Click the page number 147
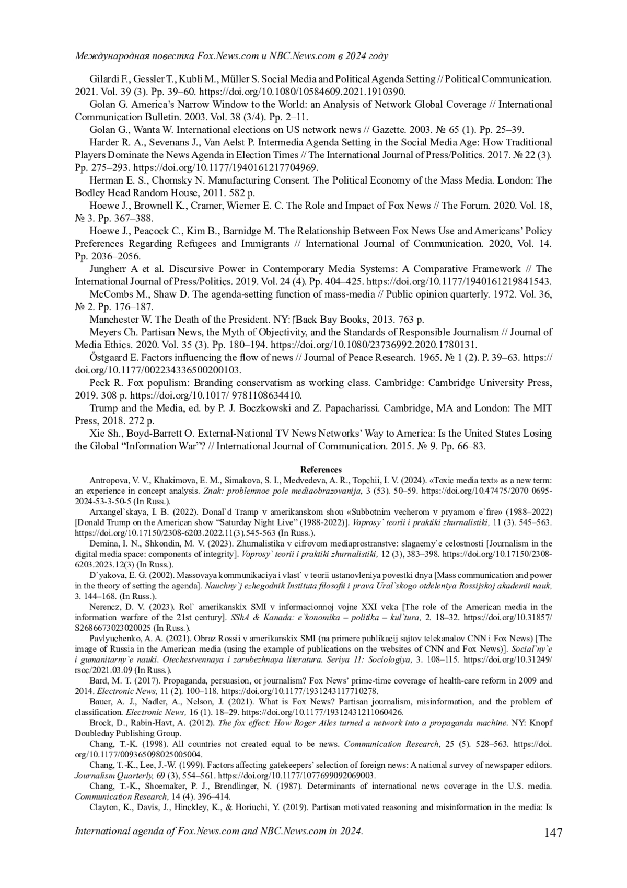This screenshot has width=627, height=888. (553, 832)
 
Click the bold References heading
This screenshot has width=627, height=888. (321, 470)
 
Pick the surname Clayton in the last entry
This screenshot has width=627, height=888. (103, 806)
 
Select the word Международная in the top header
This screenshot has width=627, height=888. (109, 55)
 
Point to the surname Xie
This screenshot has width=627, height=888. (97, 434)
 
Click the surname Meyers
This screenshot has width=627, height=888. (105, 332)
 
